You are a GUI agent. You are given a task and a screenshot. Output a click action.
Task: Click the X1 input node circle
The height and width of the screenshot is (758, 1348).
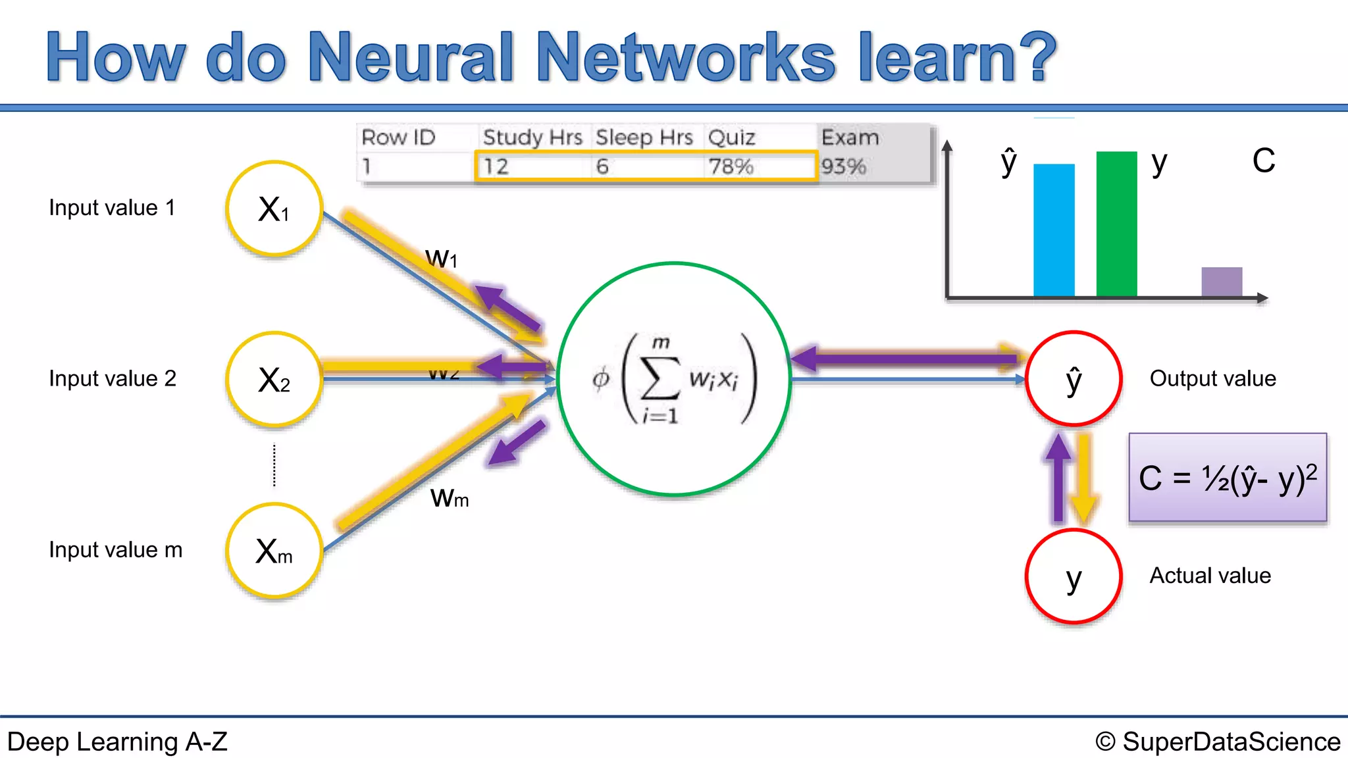tap(274, 209)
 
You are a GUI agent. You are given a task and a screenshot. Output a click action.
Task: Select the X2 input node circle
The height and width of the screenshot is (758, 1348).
tap(274, 380)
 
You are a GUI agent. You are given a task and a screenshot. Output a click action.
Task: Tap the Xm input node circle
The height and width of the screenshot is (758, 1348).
tap(274, 551)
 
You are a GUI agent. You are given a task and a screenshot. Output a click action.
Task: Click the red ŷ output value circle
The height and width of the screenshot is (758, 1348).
tap(1074, 379)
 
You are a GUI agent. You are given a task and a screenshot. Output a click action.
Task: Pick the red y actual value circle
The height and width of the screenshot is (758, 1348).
tap(1074, 576)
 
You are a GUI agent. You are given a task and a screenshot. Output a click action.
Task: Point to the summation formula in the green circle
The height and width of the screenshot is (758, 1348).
tap(674, 379)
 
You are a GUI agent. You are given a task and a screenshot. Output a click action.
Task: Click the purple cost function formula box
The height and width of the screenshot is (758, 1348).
tap(1228, 478)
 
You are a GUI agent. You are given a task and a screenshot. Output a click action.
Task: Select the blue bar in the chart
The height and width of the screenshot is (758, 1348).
tap(1054, 230)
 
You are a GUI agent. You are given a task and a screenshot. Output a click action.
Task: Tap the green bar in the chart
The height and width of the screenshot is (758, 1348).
tap(1116, 224)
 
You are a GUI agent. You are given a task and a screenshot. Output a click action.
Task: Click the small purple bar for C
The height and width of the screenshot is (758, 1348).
tap(1222, 282)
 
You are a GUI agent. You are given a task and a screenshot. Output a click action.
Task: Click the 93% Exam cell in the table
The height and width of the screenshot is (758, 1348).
tap(844, 166)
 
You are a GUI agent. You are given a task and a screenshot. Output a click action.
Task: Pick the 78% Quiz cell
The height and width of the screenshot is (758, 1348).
tap(731, 166)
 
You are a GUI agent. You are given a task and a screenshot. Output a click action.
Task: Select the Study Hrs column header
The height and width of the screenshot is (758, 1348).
tap(532, 138)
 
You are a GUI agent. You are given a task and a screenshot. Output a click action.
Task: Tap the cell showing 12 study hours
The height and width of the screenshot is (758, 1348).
tap(496, 166)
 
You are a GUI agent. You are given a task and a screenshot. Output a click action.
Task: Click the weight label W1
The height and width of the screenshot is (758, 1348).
tap(441, 258)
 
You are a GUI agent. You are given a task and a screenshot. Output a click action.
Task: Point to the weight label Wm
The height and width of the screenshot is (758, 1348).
tap(450, 498)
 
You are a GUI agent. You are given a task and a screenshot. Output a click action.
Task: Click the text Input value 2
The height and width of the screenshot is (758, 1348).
tap(113, 379)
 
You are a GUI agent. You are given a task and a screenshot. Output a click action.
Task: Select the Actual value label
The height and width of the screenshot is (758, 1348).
tap(1210, 576)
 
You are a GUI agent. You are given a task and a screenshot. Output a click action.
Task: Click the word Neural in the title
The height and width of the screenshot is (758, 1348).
tap(411, 58)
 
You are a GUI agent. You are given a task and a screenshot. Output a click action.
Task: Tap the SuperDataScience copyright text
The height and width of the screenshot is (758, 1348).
tap(1218, 742)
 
